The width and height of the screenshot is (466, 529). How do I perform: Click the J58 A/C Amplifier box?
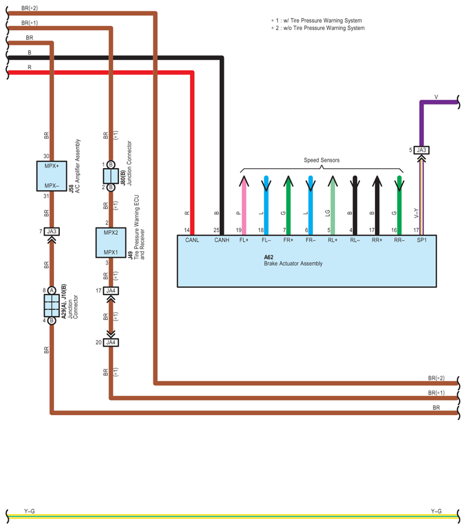point(52,176)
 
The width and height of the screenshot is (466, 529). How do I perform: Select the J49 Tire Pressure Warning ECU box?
point(111,243)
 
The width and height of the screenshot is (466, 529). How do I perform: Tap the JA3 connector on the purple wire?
point(422,150)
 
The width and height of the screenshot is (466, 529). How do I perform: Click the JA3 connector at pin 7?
point(52,231)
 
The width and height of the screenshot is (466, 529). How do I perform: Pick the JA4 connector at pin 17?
point(111,291)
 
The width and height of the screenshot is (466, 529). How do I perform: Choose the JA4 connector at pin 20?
point(111,343)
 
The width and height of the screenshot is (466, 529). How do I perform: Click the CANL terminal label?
point(192,240)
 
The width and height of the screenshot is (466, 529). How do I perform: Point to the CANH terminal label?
point(222,240)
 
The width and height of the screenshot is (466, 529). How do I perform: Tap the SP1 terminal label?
point(422,240)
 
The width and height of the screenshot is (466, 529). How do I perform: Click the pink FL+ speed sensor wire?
point(244,205)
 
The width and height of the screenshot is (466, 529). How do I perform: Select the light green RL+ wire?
point(333,205)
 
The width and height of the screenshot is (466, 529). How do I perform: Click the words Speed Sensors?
point(322,160)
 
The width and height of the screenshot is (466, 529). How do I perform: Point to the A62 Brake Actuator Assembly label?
point(293,260)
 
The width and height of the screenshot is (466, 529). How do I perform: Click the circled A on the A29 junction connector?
point(52,291)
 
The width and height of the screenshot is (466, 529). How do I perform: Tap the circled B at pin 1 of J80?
point(111,165)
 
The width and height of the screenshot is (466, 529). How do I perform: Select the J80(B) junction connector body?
point(111,176)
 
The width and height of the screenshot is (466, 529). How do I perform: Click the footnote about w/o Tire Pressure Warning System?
point(318,28)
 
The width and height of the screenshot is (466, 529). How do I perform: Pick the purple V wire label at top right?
point(436,97)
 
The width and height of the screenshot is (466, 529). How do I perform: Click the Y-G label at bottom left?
point(29,511)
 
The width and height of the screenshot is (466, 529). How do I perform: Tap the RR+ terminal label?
point(377,240)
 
